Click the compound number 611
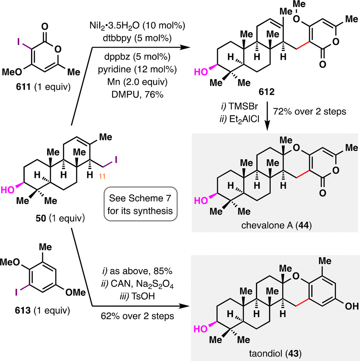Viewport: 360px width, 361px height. [23, 87]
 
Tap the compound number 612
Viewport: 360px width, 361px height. [267, 92]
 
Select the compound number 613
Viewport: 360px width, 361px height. [23, 310]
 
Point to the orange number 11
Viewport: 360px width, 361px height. [102, 176]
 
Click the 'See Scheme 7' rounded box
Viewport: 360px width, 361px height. [141, 204]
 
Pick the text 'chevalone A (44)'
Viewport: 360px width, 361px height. [277, 225]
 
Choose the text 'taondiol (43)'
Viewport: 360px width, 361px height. [275, 353]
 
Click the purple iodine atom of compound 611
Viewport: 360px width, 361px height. [19, 42]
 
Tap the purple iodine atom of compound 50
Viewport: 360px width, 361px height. [116, 160]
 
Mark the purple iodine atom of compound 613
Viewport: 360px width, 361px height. [16, 292]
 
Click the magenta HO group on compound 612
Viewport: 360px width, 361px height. [201, 72]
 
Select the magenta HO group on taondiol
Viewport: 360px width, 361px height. [200, 329]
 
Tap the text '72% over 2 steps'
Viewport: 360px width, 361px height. [309, 112]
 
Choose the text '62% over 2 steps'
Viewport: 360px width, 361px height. [137, 316]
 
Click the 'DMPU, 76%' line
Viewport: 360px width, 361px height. [137, 94]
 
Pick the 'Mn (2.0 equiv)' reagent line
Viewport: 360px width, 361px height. [137, 82]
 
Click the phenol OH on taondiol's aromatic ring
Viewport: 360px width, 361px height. [352, 306]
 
